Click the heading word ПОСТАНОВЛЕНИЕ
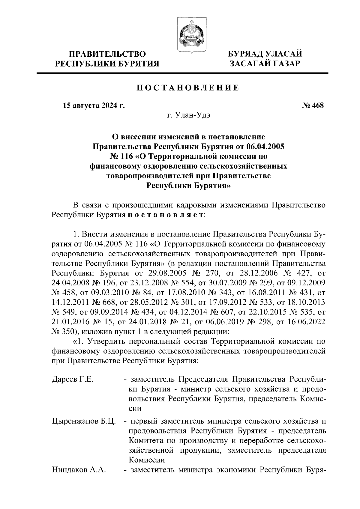point(188,88)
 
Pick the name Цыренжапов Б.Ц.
point(84,421)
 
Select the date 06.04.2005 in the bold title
point(266,147)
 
